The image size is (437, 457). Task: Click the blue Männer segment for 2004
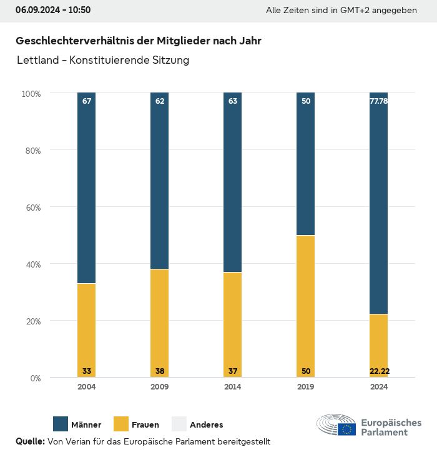(x=87, y=188)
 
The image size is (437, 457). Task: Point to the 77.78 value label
(x=379, y=101)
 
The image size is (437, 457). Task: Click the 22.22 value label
(x=379, y=371)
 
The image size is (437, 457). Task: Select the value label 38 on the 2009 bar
(x=160, y=371)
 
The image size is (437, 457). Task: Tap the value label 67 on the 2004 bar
(x=87, y=101)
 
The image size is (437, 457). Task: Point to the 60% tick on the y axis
(x=32, y=207)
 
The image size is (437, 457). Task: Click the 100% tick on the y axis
(x=31, y=94)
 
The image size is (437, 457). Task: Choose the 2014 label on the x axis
(x=233, y=387)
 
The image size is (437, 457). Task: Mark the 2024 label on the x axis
(x=379, y=387)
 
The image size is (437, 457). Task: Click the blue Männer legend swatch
(x=61, y=424)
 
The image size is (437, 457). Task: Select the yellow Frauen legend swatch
(x=121, y=424)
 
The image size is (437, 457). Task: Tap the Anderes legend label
(x=206, y=425)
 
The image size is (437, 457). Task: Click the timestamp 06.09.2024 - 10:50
(x=53, y=10)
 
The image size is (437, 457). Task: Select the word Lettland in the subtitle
(x=38, y=61)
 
